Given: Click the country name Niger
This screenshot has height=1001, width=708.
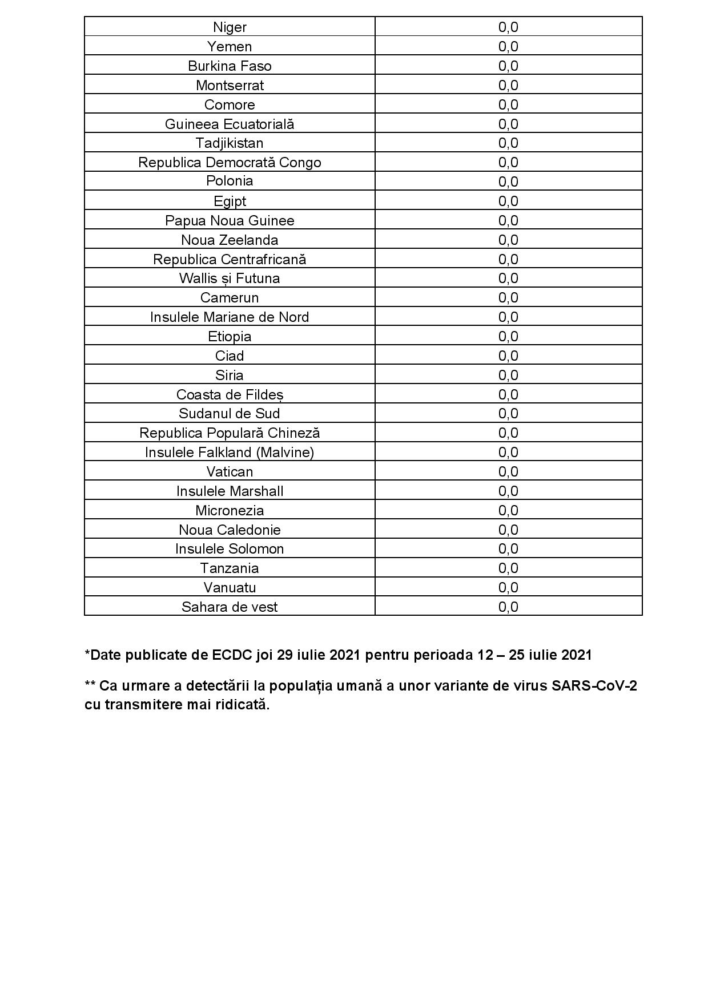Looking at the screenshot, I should (x=230, y=27).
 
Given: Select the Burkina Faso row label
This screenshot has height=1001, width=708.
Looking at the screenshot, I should (x=230, y=66).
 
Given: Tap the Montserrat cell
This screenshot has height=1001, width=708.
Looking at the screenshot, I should (x=230, y=86).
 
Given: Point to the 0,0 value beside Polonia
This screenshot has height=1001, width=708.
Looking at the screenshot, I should (x=508, y=181).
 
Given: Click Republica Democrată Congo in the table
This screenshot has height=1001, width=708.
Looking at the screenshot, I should (x=230, y=163).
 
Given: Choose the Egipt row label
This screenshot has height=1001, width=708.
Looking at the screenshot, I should (x=230, y=201).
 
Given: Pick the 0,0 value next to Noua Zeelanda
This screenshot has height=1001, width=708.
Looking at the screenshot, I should (x=508, y=240).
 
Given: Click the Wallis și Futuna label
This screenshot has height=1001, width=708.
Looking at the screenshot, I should (x=230, y=278).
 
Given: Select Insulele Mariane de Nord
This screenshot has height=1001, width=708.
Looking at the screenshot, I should (x=230, y=317).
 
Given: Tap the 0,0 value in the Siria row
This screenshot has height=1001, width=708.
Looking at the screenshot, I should (x=508, y=375).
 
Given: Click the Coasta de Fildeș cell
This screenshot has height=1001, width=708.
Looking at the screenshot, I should (x=230, y=394).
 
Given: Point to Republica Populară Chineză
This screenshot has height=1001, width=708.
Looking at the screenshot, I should (x=230, y=433).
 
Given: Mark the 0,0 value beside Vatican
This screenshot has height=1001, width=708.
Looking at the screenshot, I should (x=508, y=471).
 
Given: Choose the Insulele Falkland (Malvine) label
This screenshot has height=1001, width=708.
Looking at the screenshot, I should (x=230, y=453).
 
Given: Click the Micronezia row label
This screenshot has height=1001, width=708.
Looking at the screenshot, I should (x=230, y=510).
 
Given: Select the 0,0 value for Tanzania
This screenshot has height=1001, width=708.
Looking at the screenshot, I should (x=508, y=568).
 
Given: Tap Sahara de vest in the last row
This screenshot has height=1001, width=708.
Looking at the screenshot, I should (x=230, y=607).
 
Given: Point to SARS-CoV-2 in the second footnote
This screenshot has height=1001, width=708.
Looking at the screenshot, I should (x=594, y=685).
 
